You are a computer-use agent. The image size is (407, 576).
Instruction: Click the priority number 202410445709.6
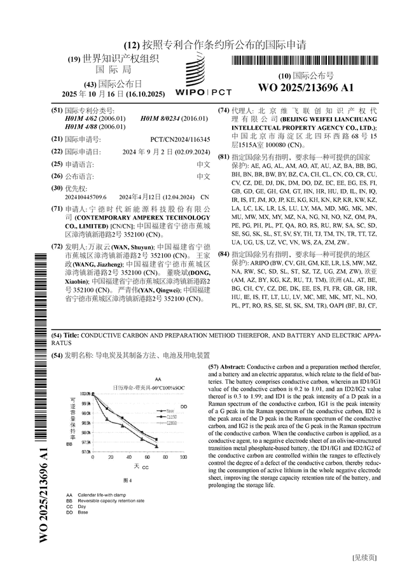point(86,198)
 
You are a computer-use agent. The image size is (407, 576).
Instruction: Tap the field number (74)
point(223,110)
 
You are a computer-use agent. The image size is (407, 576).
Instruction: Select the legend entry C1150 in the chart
point(171,416)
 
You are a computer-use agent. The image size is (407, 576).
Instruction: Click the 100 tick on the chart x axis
point(183,458)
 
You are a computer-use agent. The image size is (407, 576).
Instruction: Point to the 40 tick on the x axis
point(129,458)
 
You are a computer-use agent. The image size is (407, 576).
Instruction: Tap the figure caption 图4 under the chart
point(127,480)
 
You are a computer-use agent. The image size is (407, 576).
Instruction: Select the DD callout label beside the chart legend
point(184,406)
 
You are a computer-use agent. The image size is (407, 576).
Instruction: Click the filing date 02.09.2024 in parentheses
point(192,152)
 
